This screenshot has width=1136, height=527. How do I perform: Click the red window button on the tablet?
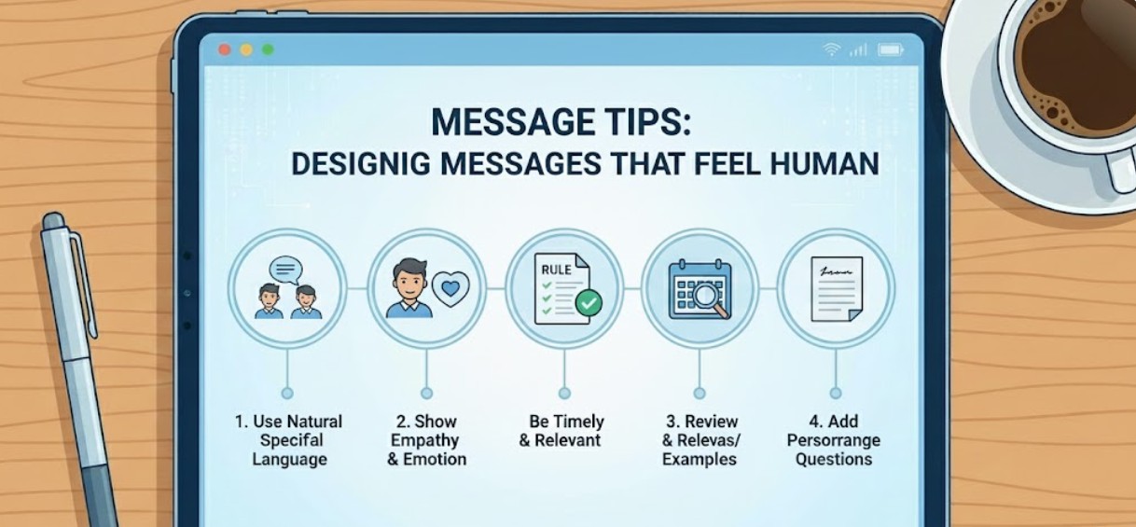[224, 49]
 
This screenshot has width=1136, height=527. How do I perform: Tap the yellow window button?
[246, 49]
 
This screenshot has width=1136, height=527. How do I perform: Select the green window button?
[268, 49]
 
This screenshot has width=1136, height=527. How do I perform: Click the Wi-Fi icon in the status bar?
[832, 49]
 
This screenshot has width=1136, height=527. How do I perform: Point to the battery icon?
[890, 49]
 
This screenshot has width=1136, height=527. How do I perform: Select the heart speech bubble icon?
[450, 289]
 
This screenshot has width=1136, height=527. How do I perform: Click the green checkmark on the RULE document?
[589, 302]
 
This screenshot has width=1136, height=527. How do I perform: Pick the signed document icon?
[836, 289]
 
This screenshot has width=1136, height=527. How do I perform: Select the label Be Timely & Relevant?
[561, 431]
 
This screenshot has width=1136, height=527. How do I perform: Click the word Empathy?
[426, 440]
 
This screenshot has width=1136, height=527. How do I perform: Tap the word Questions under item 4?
[834, 459]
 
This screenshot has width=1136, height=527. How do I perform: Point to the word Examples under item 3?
[699, 459]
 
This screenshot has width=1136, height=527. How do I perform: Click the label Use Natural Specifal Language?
[288, 440]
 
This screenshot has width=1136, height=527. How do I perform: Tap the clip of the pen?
[85, 280]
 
